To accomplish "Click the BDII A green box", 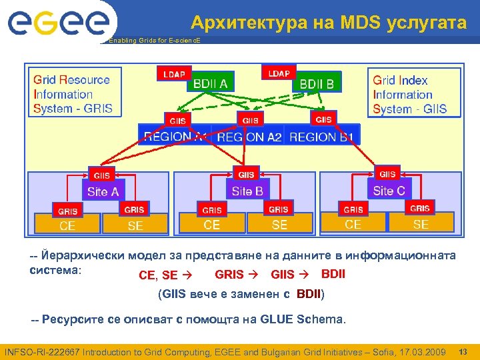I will pyautogui.click(x=210, y=83).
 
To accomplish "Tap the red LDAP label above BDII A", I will pyautogui.click(x=175, y=73).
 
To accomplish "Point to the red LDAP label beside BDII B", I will pyautogui.click(x=279, y=73).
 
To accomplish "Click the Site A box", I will pyautogui.click(x=103, y=191).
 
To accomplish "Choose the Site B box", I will pyautogui.click(x=247, y=191).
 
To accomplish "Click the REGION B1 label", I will pyautogui.click(x=321, y=137).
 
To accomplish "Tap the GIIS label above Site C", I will pyautogui.click(x=387, y=174).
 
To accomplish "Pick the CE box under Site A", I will pyautogui.click(x=67, y=225).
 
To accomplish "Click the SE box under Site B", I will pyautogui.click(x=280, y=225).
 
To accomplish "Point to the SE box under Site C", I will pyautogui.click(x=421, y=224).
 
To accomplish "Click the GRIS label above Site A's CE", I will pyautogui.click(x=67, y=211).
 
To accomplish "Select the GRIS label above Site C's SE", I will pyautogui.click(x=420, y=208).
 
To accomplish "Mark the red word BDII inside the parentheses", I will pyautogui.click(x=309, y=293).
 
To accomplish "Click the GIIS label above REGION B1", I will pyautogui.click(x=323, y=119).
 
